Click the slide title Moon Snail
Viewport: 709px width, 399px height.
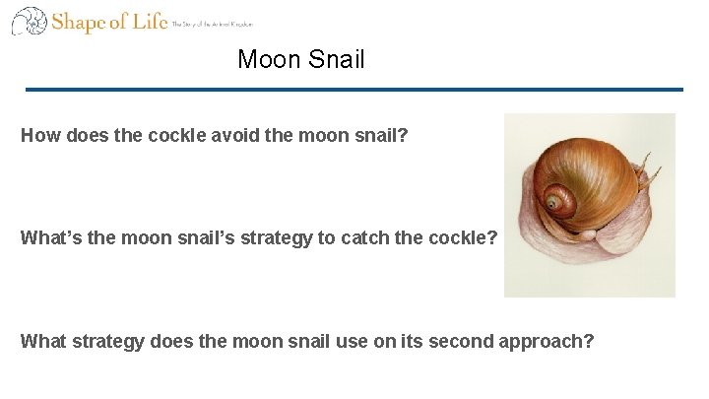(300, 59)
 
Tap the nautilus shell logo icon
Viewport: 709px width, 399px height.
(29, 22)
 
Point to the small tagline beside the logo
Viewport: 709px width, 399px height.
(212, 24)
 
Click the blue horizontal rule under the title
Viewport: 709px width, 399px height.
(354, 90)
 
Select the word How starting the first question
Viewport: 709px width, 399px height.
(39, 136)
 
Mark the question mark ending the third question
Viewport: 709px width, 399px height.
(589, 341)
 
